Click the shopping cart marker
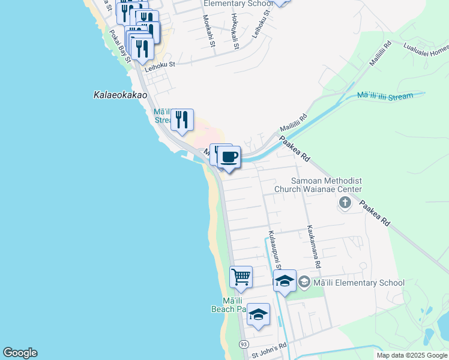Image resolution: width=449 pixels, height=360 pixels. tap(241, 277)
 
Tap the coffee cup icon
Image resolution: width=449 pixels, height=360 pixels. tap(229, 158)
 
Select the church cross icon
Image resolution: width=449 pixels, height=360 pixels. tap(345, 203)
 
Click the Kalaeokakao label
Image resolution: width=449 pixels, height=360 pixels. tap(121, 94)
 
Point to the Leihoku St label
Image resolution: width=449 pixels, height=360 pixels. tap(158, 64)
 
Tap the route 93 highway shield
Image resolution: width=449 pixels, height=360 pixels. tap(243, 344)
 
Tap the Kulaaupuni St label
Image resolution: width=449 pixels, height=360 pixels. tap(274, 248)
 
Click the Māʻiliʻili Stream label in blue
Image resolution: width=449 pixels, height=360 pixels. tap(385, 96)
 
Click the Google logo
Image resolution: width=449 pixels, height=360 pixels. tap(20, 353)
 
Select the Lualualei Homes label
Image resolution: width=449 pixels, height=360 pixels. tap(426, 49)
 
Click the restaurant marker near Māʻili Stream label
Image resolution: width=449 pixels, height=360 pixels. tap(182, 119)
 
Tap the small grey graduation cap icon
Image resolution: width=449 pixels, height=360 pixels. tap(304, 282)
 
